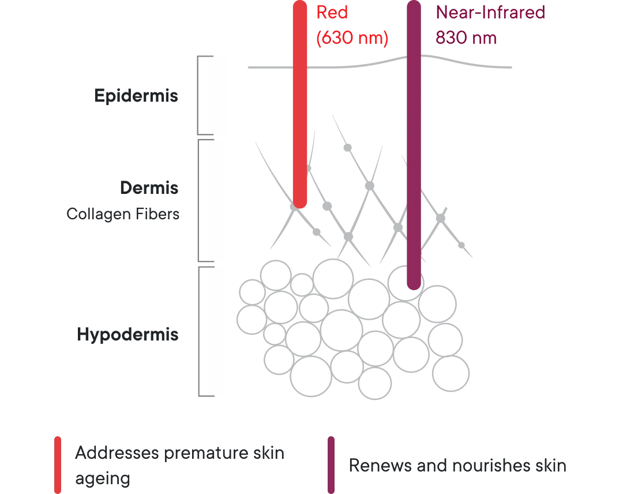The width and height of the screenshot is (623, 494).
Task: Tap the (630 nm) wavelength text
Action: (x=351, y=38)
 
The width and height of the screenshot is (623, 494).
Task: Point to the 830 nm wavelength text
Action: (x=466, y=38)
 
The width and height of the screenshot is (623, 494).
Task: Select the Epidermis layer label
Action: (x=136, y=98)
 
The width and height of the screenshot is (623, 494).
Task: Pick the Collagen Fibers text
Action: (x=122, y=215)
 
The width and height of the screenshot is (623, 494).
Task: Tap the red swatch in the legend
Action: (x=57, y=465)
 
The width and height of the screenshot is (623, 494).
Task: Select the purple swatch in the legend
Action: (x=332, y=465)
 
